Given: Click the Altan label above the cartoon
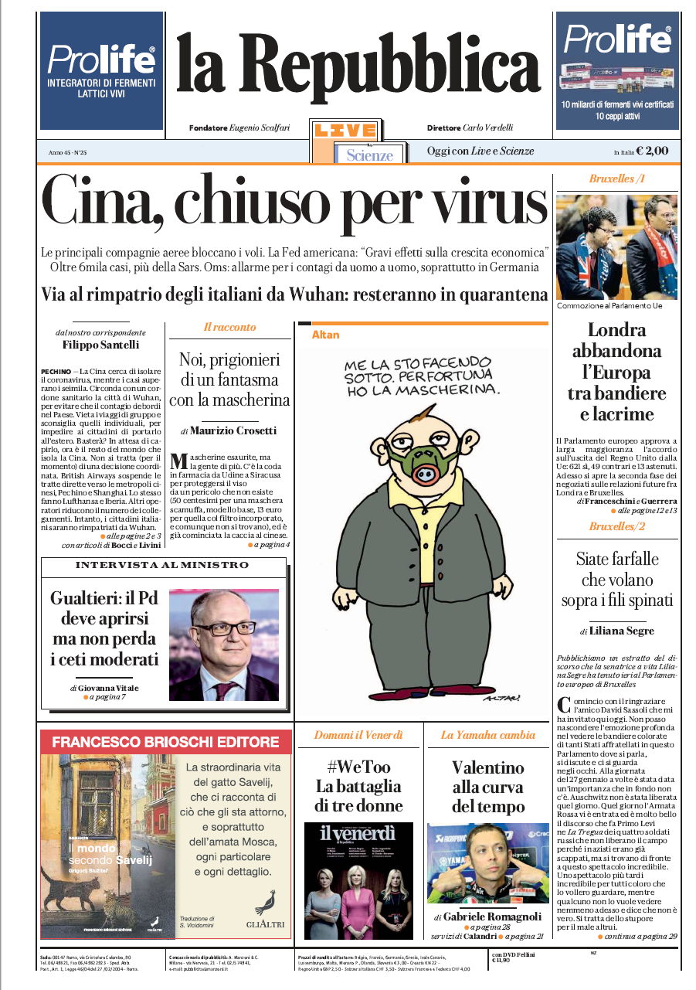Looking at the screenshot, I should tap(325, 335).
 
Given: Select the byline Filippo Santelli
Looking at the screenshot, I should tap(101, 345).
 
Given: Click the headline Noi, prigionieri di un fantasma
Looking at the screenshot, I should tap(230, 379).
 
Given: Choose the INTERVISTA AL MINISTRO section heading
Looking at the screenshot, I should tap(161, 566).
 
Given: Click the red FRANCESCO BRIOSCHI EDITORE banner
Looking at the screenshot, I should tap(165, 743).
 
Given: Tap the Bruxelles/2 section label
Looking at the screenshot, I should tap(616, 526).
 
